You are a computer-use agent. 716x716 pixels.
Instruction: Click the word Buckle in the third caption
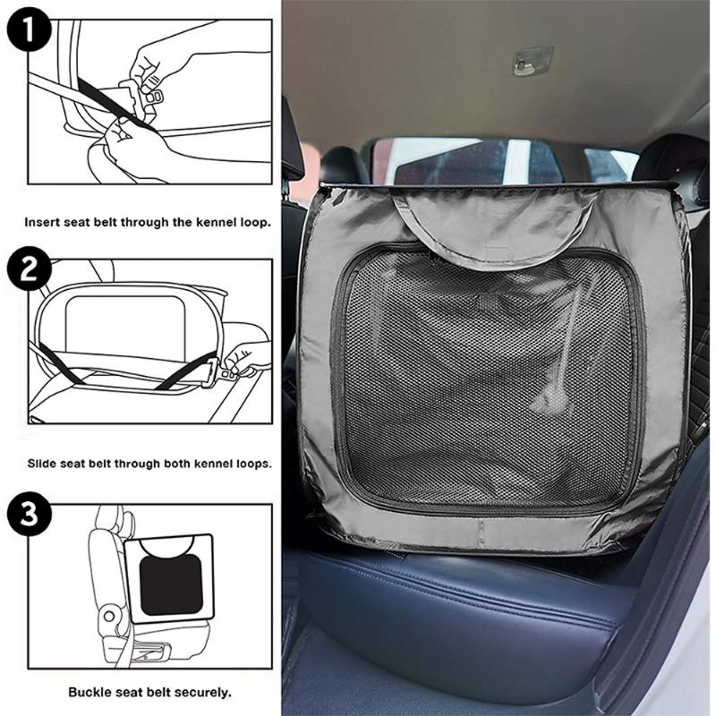(89, 692)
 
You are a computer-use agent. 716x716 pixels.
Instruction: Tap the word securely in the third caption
(201, 692)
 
